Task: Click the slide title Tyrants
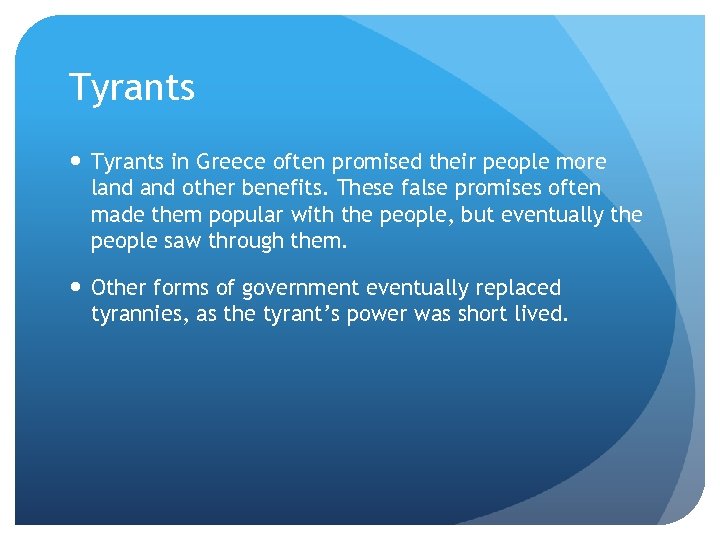coord(131,88)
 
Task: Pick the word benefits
coord(289,188)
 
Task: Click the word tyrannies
coord(136,314)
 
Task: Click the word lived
coord(541,314)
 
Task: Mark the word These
coord(370,188)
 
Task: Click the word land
coord(109,188)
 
